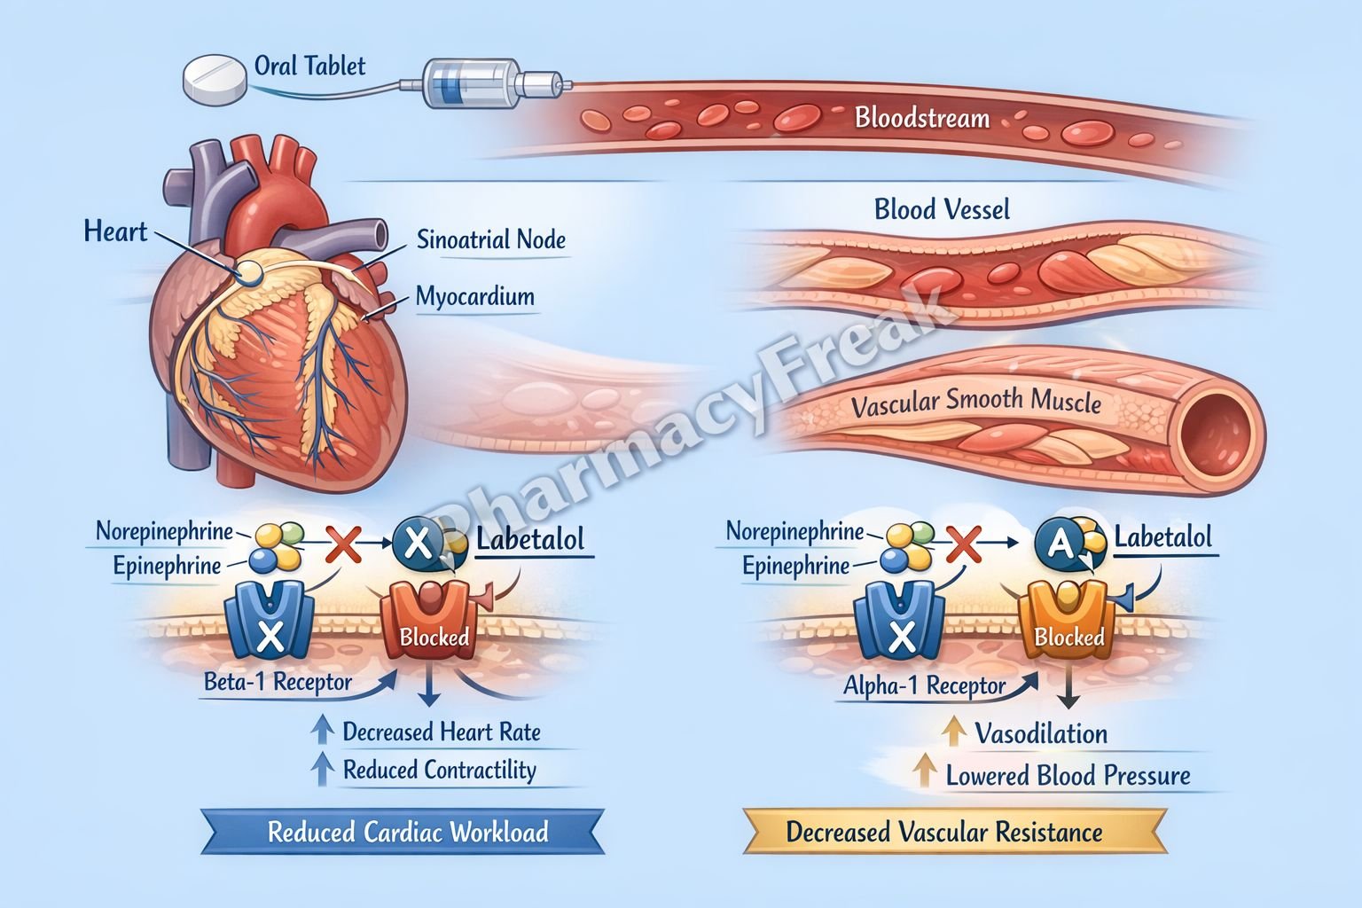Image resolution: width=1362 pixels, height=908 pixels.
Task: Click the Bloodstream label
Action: click(921, 118)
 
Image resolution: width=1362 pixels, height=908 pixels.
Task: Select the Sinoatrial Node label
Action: click(490, 239)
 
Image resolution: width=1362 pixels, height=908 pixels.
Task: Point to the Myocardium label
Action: click(474, 296)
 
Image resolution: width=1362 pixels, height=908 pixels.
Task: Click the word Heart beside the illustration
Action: click(115, 232)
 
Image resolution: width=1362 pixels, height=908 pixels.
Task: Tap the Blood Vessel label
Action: click(942, 210)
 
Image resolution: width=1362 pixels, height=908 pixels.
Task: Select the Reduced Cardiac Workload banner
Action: click(407, 832)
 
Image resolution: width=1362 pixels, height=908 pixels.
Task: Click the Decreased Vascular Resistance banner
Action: click(944, 832)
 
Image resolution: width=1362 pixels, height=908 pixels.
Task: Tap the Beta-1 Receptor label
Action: click(278, 683)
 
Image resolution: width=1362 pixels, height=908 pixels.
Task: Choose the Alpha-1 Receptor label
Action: click(924, 685)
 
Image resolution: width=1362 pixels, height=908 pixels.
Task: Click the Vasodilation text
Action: click(1041, 734)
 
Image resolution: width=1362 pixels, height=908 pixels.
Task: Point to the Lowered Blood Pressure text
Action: click(1068, 776)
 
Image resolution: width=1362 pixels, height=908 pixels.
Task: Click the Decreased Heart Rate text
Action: click(441, 732)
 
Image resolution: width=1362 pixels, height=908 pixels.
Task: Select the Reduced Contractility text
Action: click(439, 770)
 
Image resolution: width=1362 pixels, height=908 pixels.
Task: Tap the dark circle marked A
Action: click(1060, 544)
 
